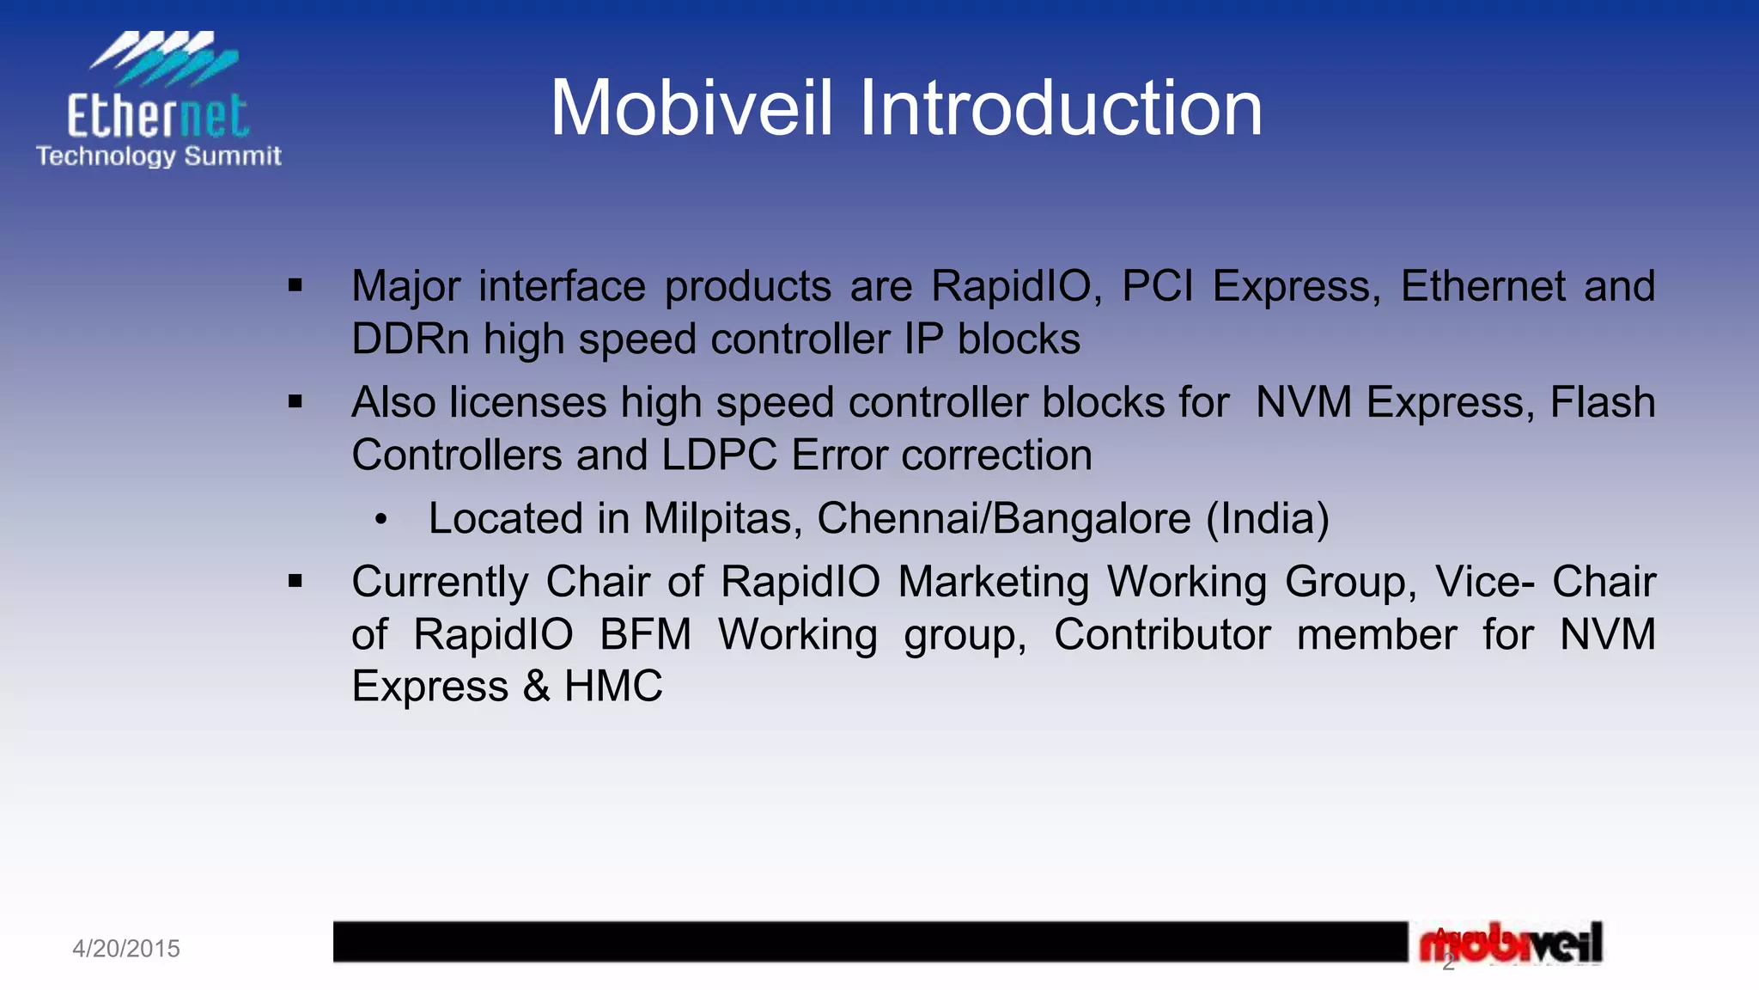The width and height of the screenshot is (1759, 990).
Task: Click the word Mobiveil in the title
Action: [x=691, y=108]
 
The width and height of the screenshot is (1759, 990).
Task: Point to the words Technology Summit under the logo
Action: [x=159, y=156]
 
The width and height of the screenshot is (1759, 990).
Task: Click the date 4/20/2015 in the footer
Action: [x=126, y=949]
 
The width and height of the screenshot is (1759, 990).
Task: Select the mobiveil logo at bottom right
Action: [x=1512, y=944]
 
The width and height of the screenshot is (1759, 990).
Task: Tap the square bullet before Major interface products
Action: [x=295, y=285]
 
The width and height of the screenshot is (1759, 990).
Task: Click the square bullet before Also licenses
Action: [x=295, y=401]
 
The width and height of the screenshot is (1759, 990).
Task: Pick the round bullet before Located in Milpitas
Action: [x=381, y=519]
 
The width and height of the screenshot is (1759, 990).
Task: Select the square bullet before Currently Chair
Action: [x=295, y=582]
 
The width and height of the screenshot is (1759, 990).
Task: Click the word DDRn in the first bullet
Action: [x=411, y=339]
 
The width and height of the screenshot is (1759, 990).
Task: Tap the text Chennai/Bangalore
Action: [x=1003, y=519]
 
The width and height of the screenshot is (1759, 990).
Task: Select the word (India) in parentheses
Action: [x=1268, y=519]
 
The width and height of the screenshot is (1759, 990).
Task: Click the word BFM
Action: [x=645, y=635]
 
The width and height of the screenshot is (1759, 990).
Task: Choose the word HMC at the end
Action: [x=613, y=687]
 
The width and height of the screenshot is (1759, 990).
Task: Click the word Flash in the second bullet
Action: [x=1603, y=402]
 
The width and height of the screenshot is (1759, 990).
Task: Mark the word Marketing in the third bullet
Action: [x=994, y=582]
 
